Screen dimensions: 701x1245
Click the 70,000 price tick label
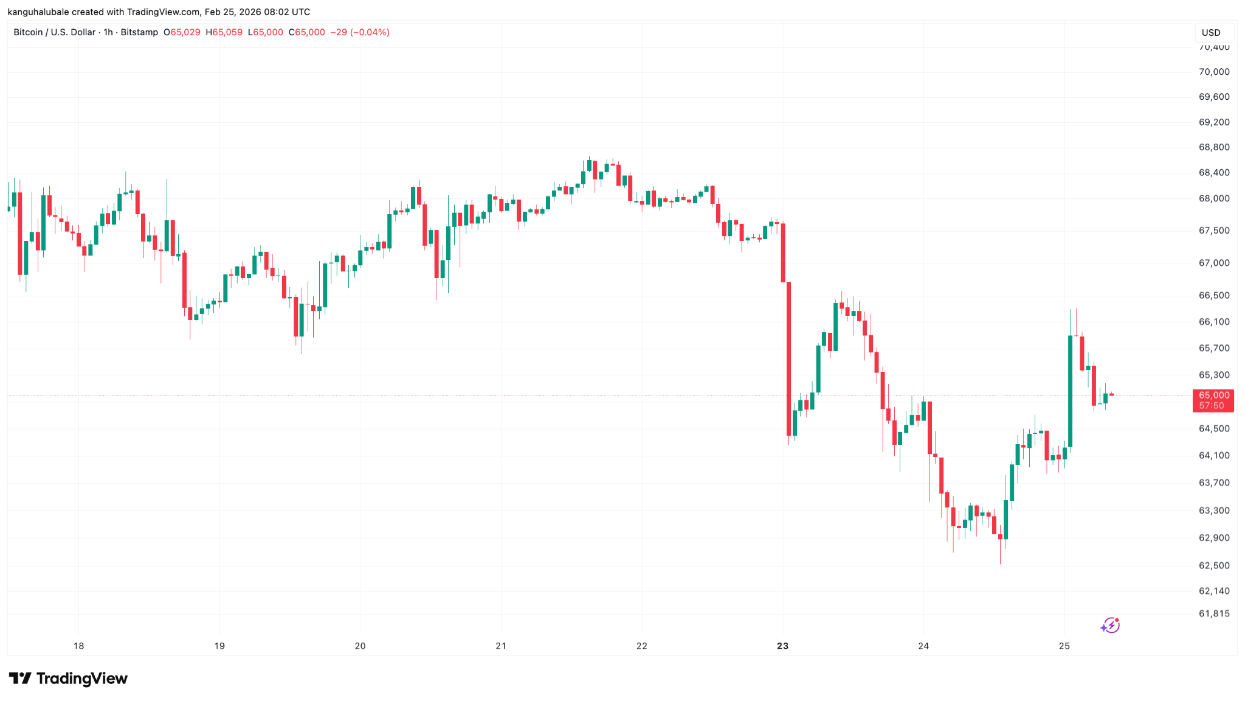click(1213, 72)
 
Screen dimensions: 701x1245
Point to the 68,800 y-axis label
click(1213, 147)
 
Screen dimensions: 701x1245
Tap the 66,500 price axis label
click(1213, 296)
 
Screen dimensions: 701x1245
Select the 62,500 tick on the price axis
click(1213, 565)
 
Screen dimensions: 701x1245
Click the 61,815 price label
click(1213, 613)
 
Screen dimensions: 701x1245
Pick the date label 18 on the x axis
click(78, 646)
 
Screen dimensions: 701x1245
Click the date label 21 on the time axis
click(501, 646)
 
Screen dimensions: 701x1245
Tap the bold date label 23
click(782, 646)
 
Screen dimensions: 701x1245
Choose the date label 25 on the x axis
click(1064, 646)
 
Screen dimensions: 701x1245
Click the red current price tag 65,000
click(1213, 396)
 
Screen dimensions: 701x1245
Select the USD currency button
click(1211, 33)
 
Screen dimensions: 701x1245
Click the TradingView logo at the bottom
click(68, 678)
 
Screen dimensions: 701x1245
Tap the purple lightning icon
click(1110, 625)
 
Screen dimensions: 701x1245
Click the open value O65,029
click(182, 32)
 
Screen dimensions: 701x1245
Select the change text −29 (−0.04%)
click(360, 32)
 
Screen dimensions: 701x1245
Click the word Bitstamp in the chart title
click(139, 32)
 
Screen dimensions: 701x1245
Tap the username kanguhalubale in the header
click(38, 12)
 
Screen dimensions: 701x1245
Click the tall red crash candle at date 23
click(788, 359)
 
